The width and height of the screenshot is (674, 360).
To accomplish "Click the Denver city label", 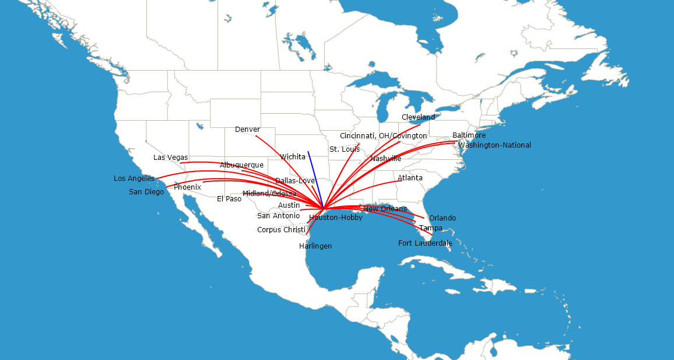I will pyautogui.click(x=247, y=130).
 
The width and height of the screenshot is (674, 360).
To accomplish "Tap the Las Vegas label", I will pyautogui.click(x=170, y=158).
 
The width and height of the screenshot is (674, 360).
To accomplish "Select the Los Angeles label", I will pyautogui.click(x=134, y=179).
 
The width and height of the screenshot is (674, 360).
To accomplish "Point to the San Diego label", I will pyautogui.click(x=146, y=192).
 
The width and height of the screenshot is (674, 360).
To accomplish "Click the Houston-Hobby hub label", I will pyautogui.click(x=336, y=218).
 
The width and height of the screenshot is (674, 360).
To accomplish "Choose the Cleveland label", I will pyautogui.click(x=418, y=117).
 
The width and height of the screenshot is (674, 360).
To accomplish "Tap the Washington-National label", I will pyautogui.click(x=494, y=145).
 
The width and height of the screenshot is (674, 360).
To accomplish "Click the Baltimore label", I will pyautogui.click(x=469, y=136).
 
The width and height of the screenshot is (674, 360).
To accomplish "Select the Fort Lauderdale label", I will pyautogui.click(x=425, y=243).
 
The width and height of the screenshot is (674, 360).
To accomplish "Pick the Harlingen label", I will pyautogui.click(x=315, y=246).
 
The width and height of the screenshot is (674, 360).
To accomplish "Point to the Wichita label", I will pyautogui.click(x=293, y=157).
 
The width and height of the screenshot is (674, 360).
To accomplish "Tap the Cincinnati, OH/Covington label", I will pyautogui.click(x=383, y=136).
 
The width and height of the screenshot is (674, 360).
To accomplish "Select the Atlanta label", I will pyautogui.click(x=410, y=178).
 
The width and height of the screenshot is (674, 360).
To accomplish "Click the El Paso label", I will pyautogui.click(x=229, y=199).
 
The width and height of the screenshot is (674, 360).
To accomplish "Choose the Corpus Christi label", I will pyautogui.click(x=281, y=230).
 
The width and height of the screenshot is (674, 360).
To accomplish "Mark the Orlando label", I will pyautogui.click(x=443, y=218).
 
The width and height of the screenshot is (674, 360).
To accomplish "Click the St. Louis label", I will pyautogui.click(x=345, y=149).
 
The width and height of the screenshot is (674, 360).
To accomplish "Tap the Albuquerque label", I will pyautogui.click(x=241, y=165).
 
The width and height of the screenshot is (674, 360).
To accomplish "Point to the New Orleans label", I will pyautogui.click(x=385, y=209).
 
